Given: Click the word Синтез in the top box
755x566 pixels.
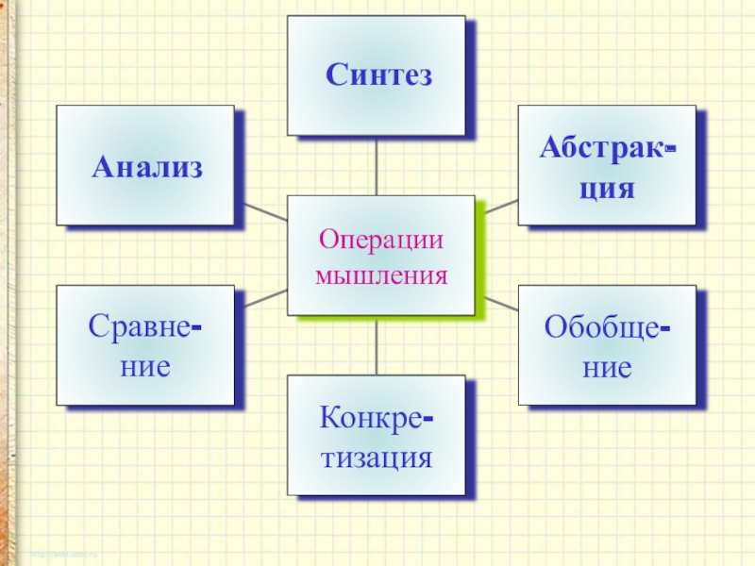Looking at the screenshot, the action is point(379,75).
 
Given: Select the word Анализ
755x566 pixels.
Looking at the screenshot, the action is point(147,168).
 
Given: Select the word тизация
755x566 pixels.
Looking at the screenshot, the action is point(376,459).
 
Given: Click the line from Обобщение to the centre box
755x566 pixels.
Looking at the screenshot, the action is point(497,303).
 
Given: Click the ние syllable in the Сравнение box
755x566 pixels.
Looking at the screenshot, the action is point(145,366).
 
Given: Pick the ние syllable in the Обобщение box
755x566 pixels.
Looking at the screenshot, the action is point(607,366).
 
